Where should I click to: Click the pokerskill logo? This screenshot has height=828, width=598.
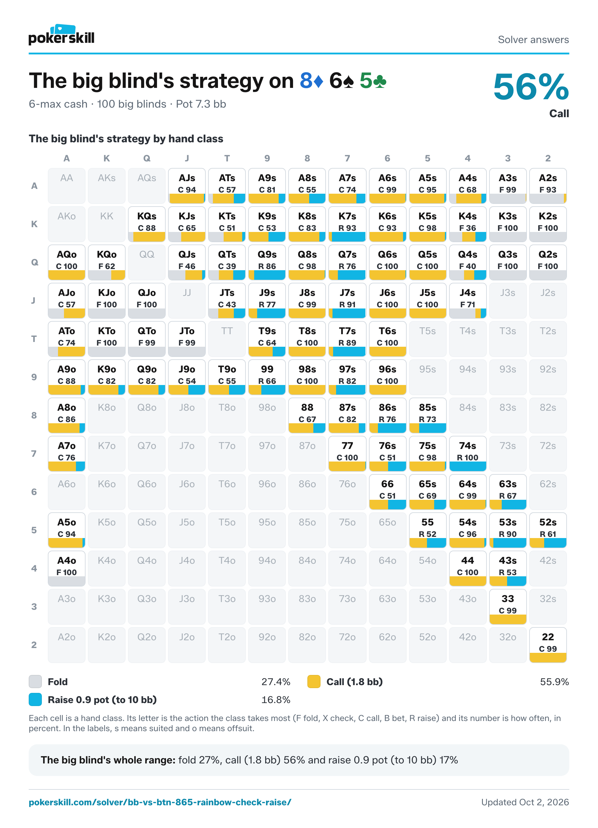tap(61, 35)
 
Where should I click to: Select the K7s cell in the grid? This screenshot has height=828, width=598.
tap(347, 224)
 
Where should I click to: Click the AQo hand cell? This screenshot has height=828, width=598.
tap(66, 262)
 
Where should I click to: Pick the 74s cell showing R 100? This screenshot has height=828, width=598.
tap(468, 454)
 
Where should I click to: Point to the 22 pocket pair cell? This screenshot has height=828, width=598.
tap(548, 645)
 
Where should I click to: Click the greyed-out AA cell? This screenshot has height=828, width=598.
tap(66, 186)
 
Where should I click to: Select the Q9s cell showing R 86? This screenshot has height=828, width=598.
tap(267, 262)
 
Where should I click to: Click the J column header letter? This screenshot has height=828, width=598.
tap(187, 158)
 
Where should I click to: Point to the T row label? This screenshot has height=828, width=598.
tap(34, 339)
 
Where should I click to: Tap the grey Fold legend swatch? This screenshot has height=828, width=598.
tap(35, 682)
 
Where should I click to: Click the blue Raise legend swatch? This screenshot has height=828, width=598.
tap(35, 699)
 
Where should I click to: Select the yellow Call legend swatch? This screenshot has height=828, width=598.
tap(314, 682)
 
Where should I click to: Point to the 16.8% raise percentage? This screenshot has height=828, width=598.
tap(276, 700)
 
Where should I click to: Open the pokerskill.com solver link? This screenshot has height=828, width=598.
tap(160, 802)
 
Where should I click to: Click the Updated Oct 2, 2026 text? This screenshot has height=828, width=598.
tap(525, 802)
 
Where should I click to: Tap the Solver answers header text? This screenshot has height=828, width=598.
tap(533, 39)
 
